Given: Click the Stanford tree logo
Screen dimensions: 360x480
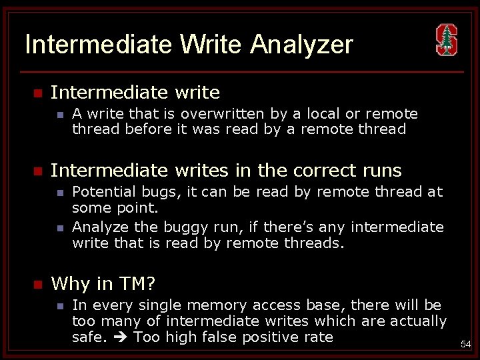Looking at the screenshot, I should click(446, 40).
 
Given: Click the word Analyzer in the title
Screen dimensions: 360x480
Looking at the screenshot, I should click(302, 45).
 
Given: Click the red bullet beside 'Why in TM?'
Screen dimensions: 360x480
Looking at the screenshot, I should click(38, 285).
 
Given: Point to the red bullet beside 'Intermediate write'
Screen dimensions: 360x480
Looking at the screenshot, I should click(38, 92).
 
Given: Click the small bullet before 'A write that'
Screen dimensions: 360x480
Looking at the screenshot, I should click(60, 115).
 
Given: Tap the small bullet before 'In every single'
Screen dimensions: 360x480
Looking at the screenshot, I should click(60, 306).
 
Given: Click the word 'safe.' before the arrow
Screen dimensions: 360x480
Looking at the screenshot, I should click(89, 337).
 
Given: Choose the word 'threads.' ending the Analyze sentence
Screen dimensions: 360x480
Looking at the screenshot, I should click(317, 243).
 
